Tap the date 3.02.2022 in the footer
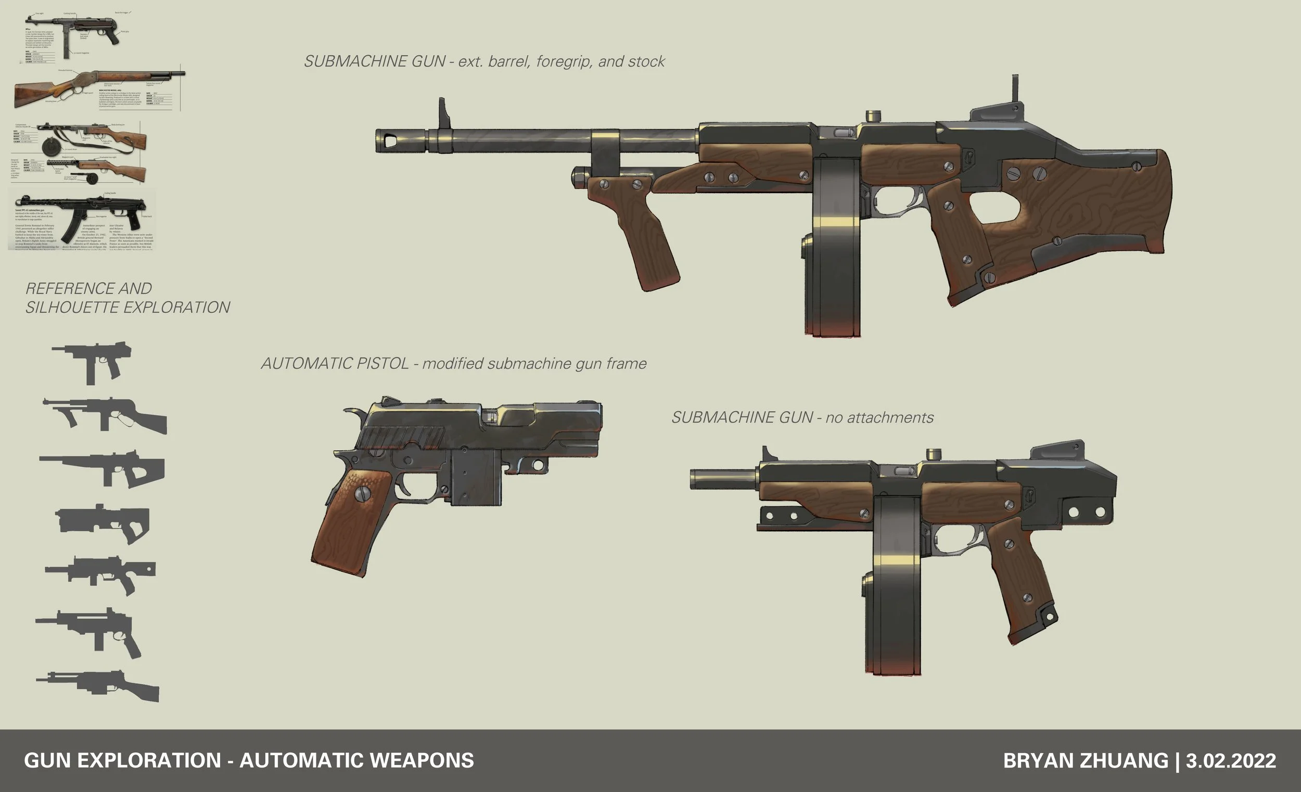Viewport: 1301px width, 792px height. click(1231, 761)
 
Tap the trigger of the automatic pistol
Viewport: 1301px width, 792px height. click(404, 484)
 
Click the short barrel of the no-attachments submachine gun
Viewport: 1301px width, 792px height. click(723, 479)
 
